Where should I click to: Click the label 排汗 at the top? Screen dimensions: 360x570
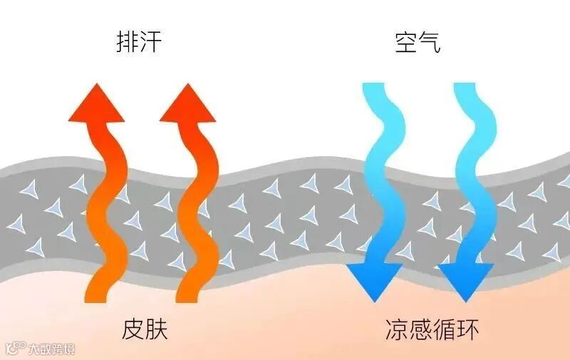tap(139, 43)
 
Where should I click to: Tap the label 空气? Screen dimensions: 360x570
tap(418, 43)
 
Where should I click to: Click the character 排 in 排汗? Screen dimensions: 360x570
tap(127, 43)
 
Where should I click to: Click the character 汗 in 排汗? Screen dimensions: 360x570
tap(151, 43)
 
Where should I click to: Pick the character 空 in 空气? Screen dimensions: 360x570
tap(405, 43)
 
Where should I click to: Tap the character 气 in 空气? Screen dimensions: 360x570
tap(430, 43)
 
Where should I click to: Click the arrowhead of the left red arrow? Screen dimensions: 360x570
tap(96, 103)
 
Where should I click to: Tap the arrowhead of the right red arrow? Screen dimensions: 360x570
tap(187, 103)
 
